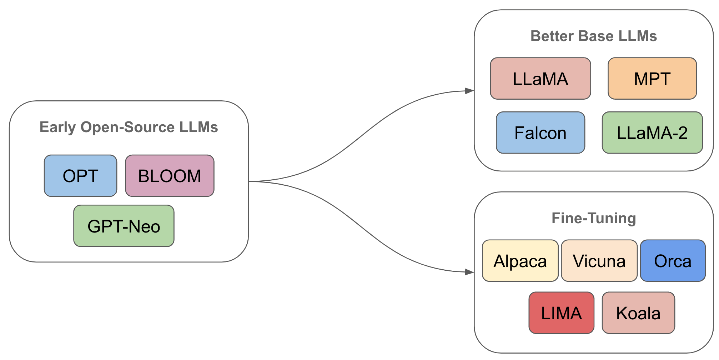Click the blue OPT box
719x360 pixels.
pos(80,176)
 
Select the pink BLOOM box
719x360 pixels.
pos(170,176)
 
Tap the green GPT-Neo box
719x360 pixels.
pos(124,226)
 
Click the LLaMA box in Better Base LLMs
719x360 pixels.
pos(540,79)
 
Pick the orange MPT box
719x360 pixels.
pos(652,79)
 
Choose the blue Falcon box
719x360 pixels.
pos(540,133)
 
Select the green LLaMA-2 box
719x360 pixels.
pos(652,133)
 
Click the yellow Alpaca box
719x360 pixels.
pos(520,261)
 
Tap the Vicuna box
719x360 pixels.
pos(599,261)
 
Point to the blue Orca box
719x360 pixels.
pos(673,261)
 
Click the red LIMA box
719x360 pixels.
pos(561,313)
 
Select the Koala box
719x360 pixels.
pos(638,313)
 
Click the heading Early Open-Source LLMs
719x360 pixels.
pos(129,127)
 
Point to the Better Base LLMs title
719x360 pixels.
pos(593,36)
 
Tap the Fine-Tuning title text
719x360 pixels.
pos(593,218)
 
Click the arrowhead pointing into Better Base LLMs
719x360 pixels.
pos(469,91)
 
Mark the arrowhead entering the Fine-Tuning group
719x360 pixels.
pos(469,272)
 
